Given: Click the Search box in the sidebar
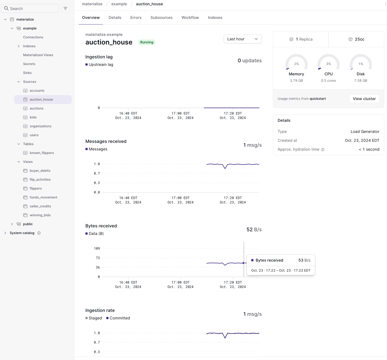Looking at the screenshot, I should click(x=30, y=8).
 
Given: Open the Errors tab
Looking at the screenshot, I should click(x=136, y=18).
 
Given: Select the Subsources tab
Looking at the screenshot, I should click(x=161, y=18).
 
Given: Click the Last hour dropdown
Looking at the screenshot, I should click(x=242, y=39).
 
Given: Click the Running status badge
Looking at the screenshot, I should click(x=147, y=42).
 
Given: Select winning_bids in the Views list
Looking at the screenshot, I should click(x=40, y=215).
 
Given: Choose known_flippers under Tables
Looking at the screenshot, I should click(x=42, y=153).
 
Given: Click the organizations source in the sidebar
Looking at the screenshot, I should click(x=40, y=126).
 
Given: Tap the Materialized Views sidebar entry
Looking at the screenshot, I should click(x=38, y=55).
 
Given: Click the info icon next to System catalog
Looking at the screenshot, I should click(x=39, y=233).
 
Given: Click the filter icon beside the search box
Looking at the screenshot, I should click(x=65, y=8).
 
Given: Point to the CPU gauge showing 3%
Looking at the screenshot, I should click(x=329, y=64).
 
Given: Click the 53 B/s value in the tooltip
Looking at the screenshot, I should click(x=304, y=260).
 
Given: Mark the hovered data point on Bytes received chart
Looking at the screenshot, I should click(x=243, y=263).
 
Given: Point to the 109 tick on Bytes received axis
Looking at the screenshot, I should click(x=97, y=249).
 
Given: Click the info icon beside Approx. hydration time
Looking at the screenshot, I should click(x=323, y=150).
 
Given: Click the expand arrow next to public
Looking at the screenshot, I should click(x=12, y=224).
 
